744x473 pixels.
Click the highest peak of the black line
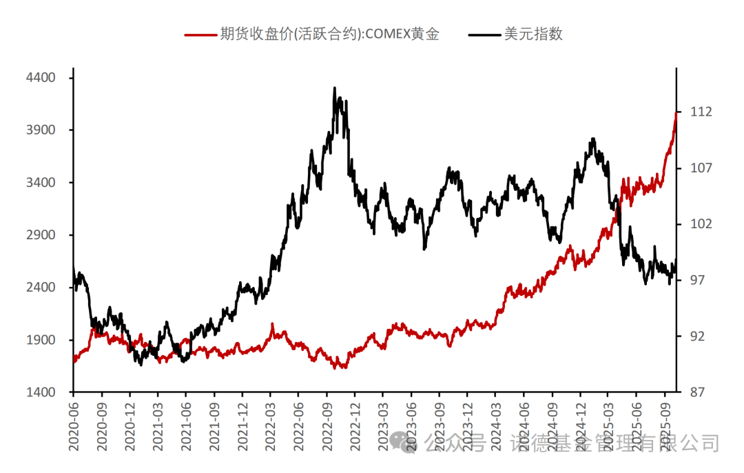[x=335, y=88]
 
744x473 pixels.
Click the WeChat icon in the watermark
[x=402, y=442]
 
